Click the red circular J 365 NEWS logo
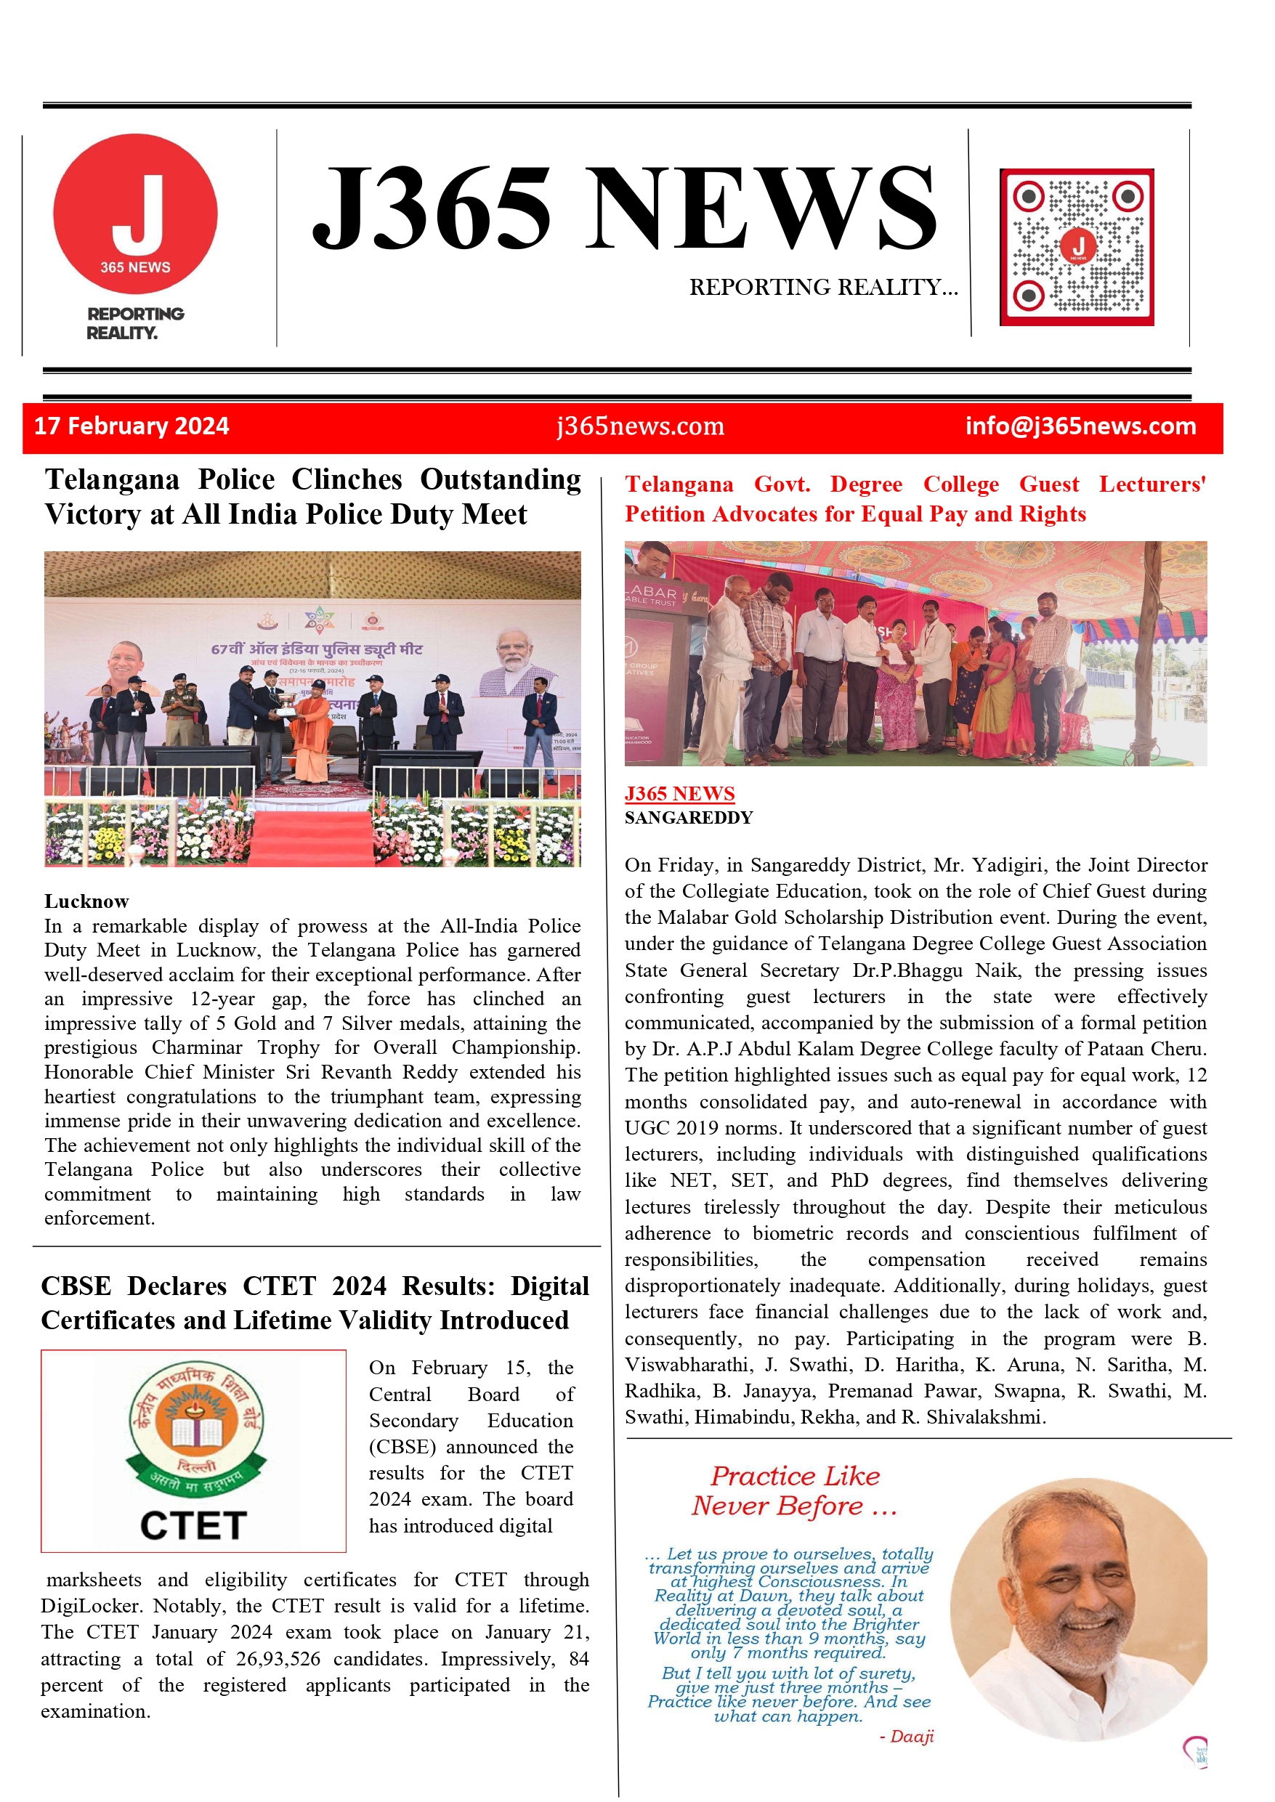(x=135, y=214)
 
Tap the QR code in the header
(x=1077, y=246)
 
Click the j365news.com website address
(x=640, y=426)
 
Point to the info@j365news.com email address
(x=1080, y=426)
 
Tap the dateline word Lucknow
(x=86, y=901)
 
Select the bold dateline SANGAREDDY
(x=689, y=818)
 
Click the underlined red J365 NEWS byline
(x=679, y=793)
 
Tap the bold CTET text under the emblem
(x=194, y=1525)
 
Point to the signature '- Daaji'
(x=906, y=1736)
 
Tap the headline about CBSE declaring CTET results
(x=315, y=1303)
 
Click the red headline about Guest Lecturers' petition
(x=915, y=498)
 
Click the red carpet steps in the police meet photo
(x=312, y=837)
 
